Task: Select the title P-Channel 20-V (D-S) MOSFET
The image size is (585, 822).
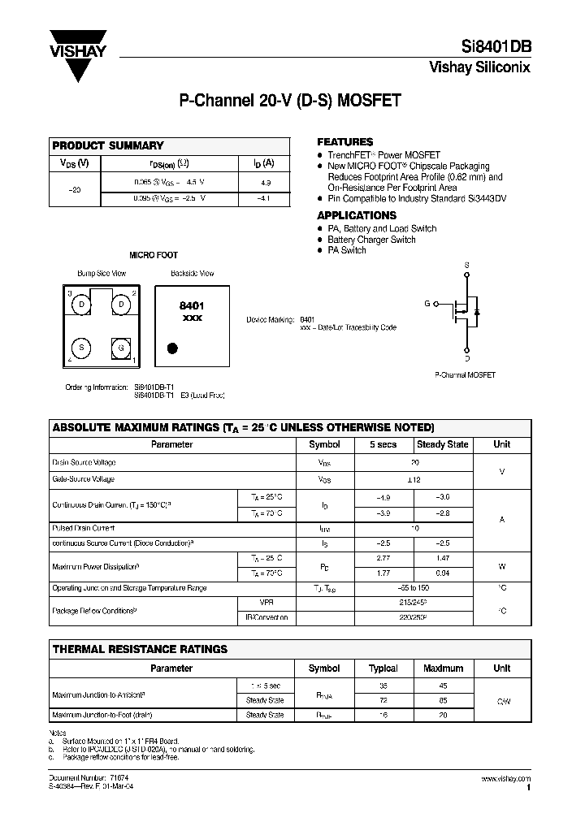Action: tap(289, 102)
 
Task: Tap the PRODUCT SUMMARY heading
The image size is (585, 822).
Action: tap(108, 146)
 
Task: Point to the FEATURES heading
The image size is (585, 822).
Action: tap(344, 141)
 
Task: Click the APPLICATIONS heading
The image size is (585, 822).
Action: tap(357, 215)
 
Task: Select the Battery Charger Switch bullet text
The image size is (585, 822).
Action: tap(371, 240)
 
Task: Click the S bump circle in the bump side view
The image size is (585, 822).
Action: tap(81, 347)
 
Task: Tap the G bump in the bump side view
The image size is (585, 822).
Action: tap(121, 347)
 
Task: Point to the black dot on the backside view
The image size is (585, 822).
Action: tap(172, 349)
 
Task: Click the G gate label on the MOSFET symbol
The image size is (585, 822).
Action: tap(427, 303)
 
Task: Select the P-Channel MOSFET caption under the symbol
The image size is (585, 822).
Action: tap(466, 375)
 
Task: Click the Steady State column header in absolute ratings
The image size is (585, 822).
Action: tap(442, 444)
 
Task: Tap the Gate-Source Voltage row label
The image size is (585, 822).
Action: tap(84, 479)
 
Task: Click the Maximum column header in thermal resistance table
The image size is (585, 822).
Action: tap(442, 668)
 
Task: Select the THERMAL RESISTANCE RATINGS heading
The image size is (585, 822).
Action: tap(140, 650)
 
